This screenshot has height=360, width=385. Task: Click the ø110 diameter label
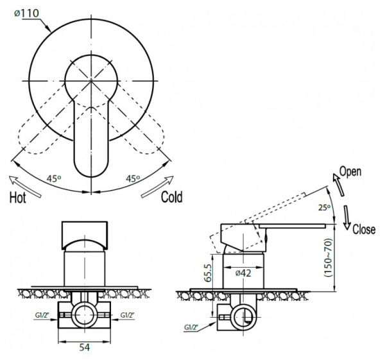(x=26, y=13)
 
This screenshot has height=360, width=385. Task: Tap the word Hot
(x=18, y=198)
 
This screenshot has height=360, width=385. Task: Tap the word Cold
(x=172, y=197)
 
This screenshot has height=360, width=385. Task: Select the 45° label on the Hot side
(x=54, y=178)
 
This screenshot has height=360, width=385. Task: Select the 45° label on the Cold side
(x=133, y=178)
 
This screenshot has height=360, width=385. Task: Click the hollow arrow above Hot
(x=25, y=186)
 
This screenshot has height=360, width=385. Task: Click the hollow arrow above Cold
(x=157, y=186)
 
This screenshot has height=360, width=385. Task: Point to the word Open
(x=350, y=172)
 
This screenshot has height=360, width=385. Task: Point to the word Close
(x=364, y=229)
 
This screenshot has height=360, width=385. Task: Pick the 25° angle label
(x=324, y=208)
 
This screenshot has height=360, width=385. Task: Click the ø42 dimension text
(x=243, y=273)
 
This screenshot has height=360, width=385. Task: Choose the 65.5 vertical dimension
(x=207, y=273)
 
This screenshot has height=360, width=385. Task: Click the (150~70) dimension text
(x=328, y=258)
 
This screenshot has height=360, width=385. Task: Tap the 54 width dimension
(x=84, y=347)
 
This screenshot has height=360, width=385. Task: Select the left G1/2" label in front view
(x=42, y=315)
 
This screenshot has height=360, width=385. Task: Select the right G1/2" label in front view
(x=128, y=315)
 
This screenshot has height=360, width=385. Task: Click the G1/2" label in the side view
(x=191, y=327)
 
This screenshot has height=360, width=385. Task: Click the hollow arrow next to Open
(x=338, y=185)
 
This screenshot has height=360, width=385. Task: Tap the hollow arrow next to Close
(x=346, y=218)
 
